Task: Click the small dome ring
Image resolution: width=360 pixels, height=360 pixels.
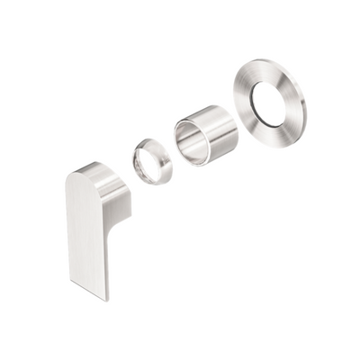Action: (152, 161)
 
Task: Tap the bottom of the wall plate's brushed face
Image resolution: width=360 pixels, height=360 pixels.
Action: (274, 134)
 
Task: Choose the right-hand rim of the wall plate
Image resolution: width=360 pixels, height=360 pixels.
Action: (303, 103)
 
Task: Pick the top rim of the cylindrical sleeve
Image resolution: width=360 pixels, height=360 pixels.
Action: (202, 111)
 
